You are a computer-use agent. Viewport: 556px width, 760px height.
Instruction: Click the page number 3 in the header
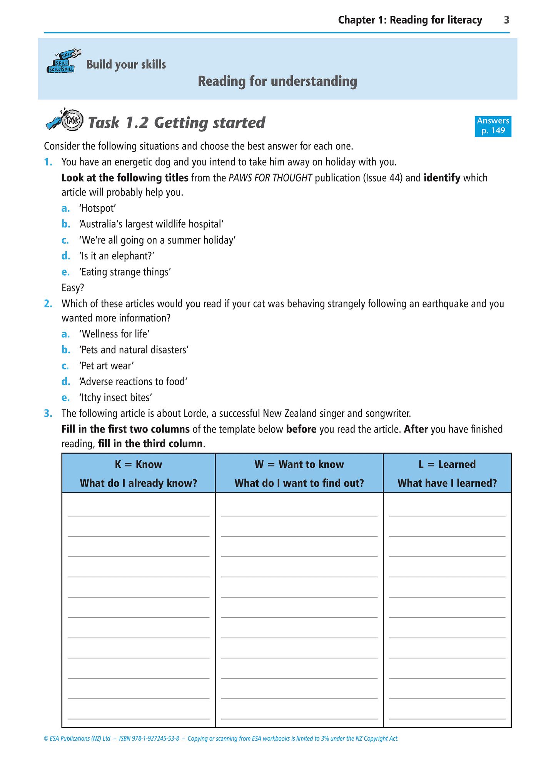click(506, 20)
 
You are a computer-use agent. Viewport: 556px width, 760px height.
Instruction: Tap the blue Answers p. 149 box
click(493, 126)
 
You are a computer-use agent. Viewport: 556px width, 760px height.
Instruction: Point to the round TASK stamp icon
click(73, 120)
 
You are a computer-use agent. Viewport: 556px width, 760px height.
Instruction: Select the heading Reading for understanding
click(277, 82)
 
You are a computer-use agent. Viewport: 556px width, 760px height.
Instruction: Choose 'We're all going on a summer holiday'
click(157, 240)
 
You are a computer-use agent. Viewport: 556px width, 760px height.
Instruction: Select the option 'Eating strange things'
click(125, 272)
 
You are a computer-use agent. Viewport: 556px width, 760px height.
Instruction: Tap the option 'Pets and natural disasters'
click(134, 350)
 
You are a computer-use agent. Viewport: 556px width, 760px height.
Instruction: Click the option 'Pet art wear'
click(107, 366)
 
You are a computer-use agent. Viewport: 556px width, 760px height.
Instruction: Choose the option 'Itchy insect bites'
click(116, 398)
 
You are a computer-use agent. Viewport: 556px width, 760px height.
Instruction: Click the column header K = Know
click(139, 464)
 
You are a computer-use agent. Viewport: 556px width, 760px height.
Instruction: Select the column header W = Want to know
click(299, 464)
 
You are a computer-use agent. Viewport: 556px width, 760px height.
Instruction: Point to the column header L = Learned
click(447, 464)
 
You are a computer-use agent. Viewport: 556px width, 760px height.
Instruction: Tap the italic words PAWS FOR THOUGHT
click(270, 178)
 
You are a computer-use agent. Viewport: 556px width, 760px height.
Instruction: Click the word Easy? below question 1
click(73, 288)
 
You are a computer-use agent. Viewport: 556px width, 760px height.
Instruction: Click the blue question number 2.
click(48, 304)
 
